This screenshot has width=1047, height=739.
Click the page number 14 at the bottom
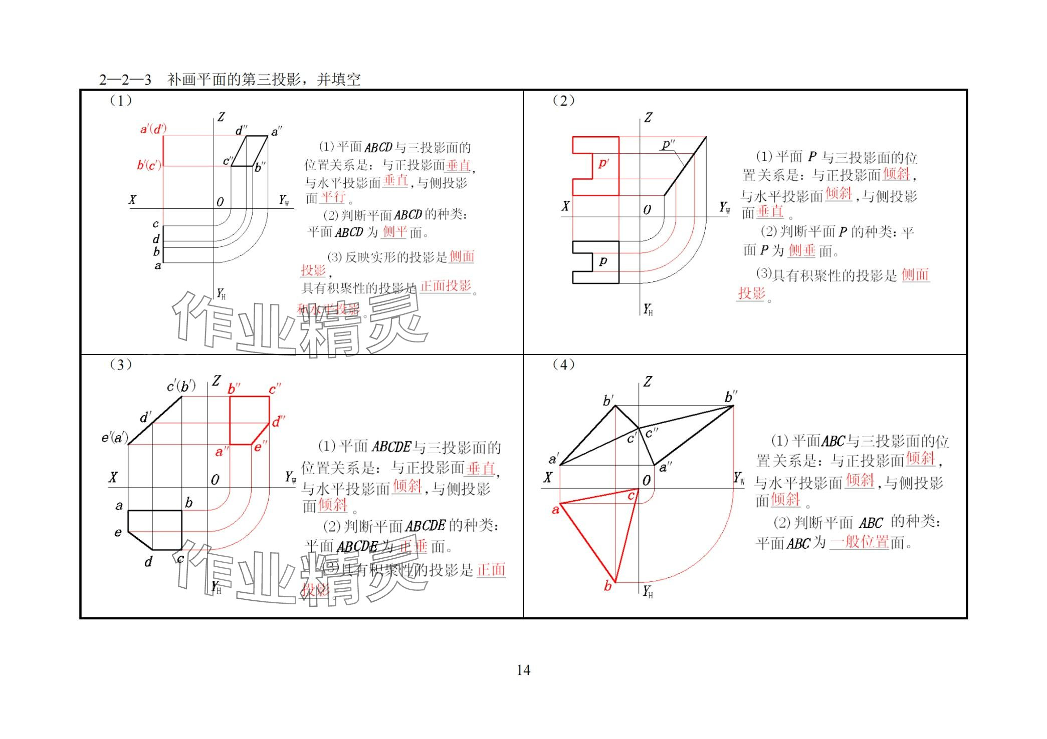coord(523,670)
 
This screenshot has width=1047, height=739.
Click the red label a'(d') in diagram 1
coord(153,129)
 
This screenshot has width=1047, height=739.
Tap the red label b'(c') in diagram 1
coord(149,165)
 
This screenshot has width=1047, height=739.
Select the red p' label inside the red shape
coord(603,164)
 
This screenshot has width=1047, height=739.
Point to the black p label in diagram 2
coord(603,261)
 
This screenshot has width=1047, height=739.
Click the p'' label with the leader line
coord(668,145)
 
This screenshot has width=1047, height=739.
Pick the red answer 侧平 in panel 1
coord(394,232)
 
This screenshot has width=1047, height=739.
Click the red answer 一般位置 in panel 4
coord(859,542)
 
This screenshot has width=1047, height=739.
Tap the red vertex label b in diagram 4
coord(607,586)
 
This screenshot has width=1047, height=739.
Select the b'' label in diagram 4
coord(731,397)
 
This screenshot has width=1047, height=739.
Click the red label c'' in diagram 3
coord(275,389)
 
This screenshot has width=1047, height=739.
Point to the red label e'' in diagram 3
coord(260,446)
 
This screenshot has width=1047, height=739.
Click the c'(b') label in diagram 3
coord(181,387)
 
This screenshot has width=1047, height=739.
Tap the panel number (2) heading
coord(563,101)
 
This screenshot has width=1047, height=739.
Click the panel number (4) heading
coord(563,364)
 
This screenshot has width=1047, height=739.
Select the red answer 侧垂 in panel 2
coord(801,250)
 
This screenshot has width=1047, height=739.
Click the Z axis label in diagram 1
coord(221,117)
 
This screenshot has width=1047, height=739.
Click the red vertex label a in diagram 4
coord(555,510)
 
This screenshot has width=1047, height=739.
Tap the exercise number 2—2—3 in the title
coord(125,80)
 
